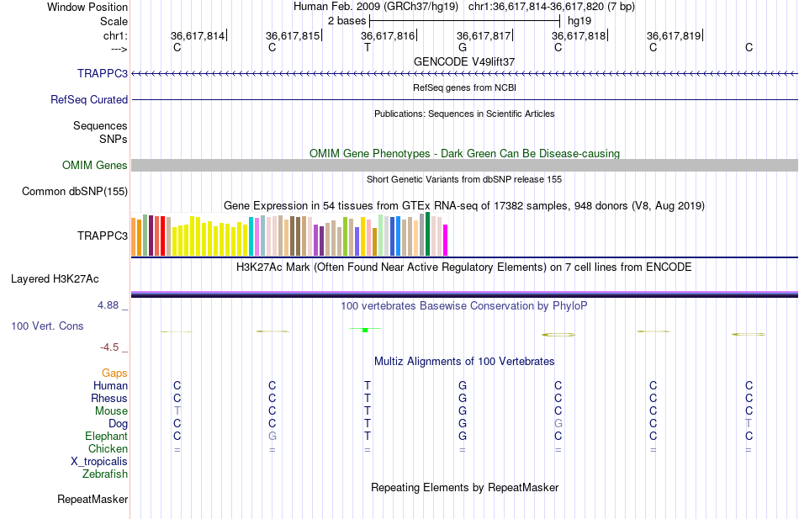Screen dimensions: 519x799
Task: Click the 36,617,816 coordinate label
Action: (388, 35)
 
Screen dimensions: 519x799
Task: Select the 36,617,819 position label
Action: (674, 35)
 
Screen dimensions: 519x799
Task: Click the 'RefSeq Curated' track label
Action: (89, 99)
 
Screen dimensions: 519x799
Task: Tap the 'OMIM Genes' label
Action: (95, 165)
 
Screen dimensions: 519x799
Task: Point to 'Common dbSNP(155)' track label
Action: (75, 191)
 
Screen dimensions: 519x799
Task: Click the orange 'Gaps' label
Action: (114, 373)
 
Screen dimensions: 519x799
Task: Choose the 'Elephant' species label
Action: (106, 436)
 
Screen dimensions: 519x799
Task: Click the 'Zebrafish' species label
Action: (105, 474)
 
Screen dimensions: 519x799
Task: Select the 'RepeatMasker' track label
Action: (93, 500)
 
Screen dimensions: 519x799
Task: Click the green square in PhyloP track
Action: (365, 330)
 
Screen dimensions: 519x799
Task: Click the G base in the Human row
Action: (463, 385)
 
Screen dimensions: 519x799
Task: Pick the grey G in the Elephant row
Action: (272, 436)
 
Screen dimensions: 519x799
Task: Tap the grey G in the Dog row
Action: (558, 423)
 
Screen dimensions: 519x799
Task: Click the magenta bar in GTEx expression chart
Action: (445, 239)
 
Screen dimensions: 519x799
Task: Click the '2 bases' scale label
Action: (346, 19)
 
